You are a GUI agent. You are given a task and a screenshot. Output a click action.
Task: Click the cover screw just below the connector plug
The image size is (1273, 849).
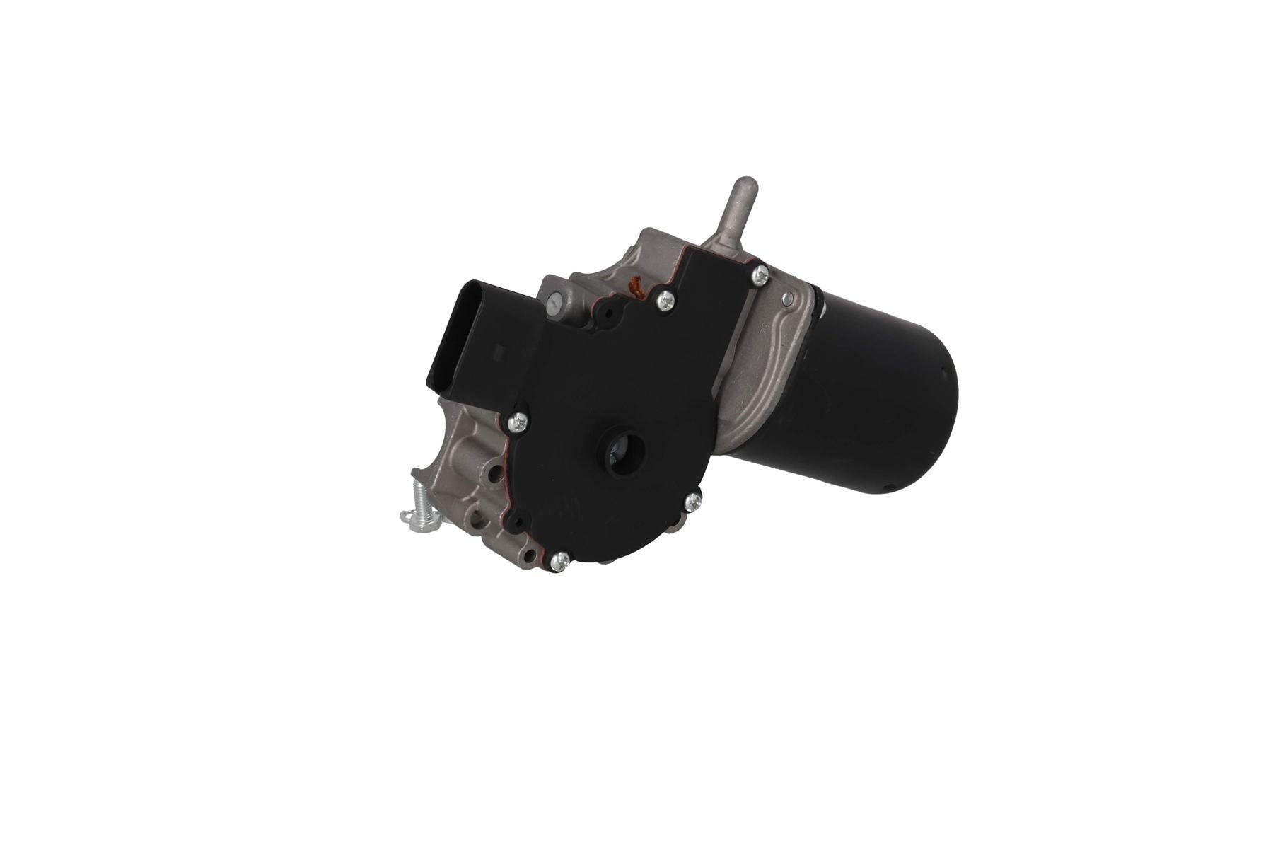tap(520, 422)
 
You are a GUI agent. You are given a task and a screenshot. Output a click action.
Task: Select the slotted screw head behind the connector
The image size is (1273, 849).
tap(554, 303)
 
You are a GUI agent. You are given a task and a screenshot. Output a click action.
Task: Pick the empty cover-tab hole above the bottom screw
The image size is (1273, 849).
tap(520, 522)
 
